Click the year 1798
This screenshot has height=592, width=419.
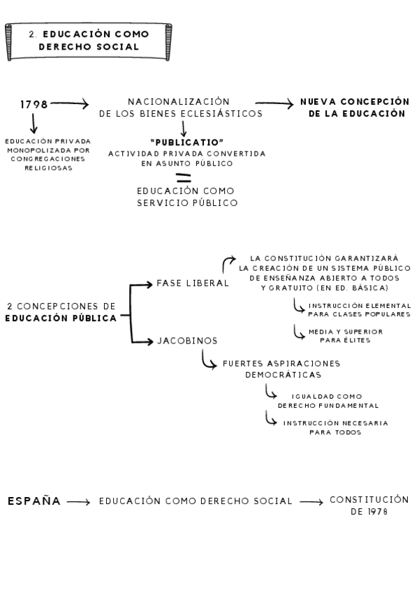point(34,105)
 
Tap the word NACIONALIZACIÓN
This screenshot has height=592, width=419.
point(179,102)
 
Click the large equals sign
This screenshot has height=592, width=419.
point(183,177)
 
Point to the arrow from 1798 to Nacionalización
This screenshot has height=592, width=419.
point(70,105)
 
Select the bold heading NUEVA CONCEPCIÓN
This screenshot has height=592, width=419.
point(354,102)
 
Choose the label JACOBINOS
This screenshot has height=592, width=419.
point(187,341)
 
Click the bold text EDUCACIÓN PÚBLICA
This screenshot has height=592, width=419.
point(61,318)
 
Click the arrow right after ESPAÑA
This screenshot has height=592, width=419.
point(79,502)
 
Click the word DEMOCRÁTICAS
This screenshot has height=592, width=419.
point(281,375)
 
